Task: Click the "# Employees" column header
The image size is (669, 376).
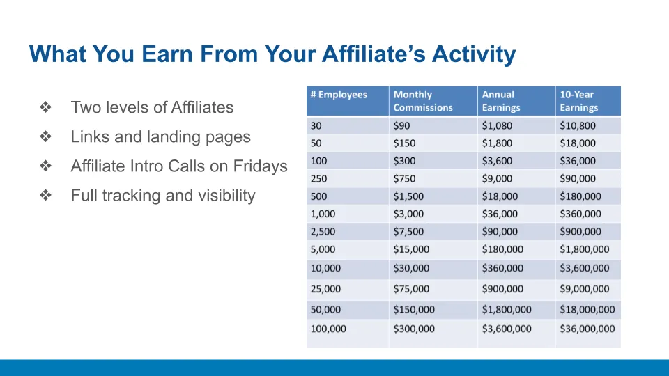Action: tap(339, 95)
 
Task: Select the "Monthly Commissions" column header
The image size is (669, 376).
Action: tap(423, 101)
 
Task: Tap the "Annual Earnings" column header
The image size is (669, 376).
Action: tap(501, 101)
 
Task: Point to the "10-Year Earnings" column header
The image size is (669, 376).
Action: tap(579, 101)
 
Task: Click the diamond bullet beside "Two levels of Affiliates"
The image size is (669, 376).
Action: tap(46, 107)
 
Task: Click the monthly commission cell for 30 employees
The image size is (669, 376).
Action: tap(401, 126)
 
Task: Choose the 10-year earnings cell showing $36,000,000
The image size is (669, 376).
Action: tap(587, 329)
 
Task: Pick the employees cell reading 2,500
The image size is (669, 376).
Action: tap(323, 231)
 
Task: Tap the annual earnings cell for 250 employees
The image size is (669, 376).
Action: tap(497, 179)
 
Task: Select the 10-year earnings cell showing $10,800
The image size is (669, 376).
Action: tap(578, 126)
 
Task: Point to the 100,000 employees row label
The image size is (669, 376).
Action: tap(328, 329)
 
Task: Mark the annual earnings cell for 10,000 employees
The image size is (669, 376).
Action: tap(502, 268)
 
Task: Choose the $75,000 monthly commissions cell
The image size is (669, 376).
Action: tap(411, 288)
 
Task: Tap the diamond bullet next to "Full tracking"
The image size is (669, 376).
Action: tap(46, 195)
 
